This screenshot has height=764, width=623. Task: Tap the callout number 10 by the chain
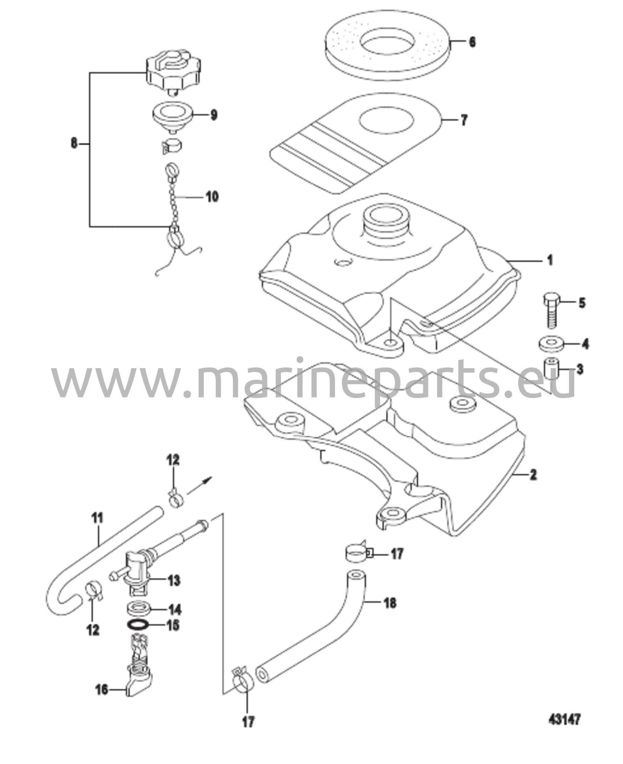pyautogui.click(x=212, y=197)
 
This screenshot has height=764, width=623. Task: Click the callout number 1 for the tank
pyautogui.click(x=549, y=260)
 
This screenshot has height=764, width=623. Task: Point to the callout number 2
pyautogui.click(x=533, y=475)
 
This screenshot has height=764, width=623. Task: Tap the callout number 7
pyautogui.click(x=464, y=120)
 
